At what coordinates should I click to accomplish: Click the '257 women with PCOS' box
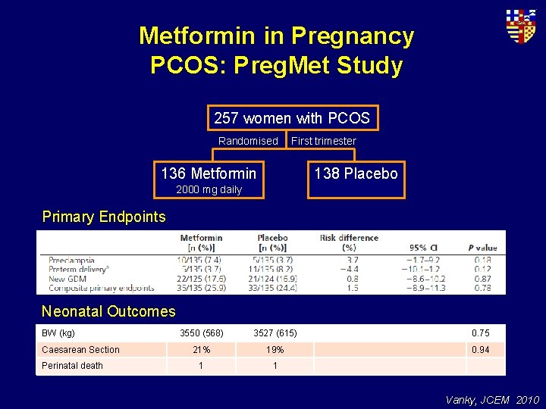(x=292, y=118)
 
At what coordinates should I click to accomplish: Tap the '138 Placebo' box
(x=356, y=173)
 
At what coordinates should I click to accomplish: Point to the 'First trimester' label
(x=324, y=141)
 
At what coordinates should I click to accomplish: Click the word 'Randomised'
(x=248, y=141)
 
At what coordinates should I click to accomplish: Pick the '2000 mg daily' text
(x=209, y=189)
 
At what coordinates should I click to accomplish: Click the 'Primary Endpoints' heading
(x=104, y=217)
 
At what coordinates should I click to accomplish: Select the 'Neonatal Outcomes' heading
(x=108, y=311)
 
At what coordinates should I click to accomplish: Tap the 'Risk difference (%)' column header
(x=349, y=242)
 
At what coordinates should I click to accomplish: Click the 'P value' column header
(x=482, y=248)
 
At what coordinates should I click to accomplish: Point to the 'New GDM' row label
(x=69, y=278)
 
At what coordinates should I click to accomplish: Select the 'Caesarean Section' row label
(x=80, y=350)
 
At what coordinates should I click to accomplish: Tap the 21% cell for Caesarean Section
(x=201, y=350)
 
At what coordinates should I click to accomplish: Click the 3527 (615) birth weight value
(x=275, y=333)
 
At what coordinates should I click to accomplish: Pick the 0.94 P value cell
(x=481, y=350)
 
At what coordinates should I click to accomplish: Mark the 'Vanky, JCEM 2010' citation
(x=493, y=399)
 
